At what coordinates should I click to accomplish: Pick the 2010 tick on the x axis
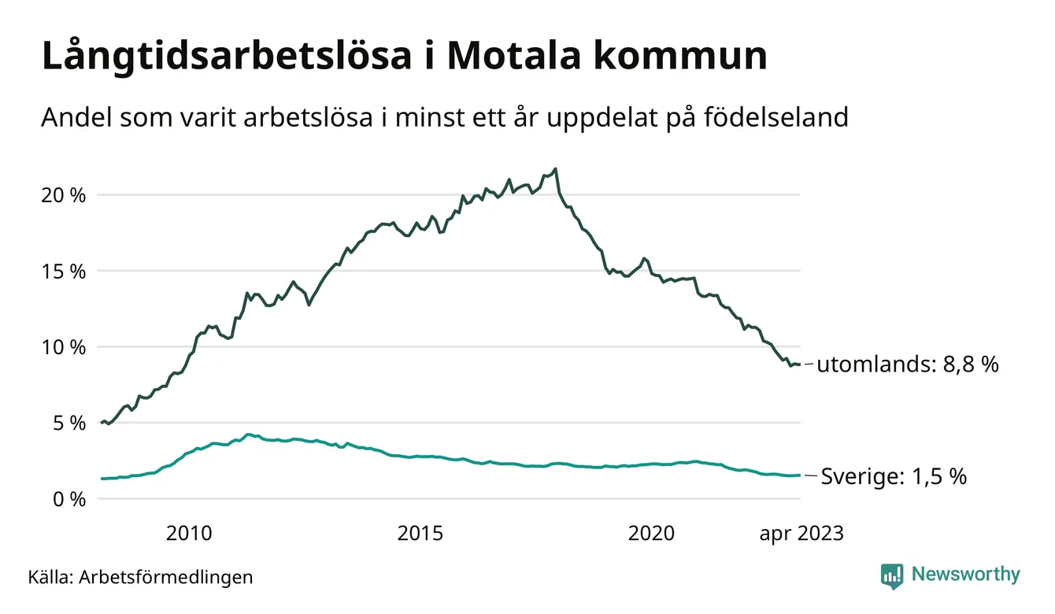189,534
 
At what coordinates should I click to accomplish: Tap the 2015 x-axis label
420,534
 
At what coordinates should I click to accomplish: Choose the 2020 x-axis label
651,534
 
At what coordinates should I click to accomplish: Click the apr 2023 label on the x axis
801,534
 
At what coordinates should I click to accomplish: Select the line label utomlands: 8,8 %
907,364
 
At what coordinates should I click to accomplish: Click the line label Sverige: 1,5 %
894,476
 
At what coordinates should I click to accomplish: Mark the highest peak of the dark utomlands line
556,168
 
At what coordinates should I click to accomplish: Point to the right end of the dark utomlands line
800,364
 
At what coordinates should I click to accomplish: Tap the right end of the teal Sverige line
800,475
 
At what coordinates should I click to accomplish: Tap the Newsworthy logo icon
892,575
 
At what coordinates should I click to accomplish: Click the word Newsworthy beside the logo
965,575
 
